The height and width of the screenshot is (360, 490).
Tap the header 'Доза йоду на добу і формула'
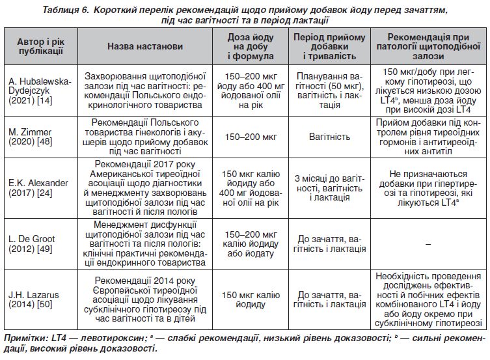251,46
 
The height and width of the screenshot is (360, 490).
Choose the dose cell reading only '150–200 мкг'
251,137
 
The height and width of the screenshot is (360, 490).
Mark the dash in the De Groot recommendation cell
428,243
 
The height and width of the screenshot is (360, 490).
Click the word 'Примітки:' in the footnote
23,339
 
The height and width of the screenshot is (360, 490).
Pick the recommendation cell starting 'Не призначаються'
428,188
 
